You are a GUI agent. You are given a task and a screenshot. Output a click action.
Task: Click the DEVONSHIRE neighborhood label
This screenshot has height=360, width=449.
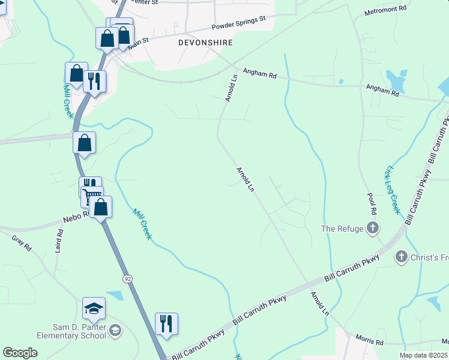pos(205,43)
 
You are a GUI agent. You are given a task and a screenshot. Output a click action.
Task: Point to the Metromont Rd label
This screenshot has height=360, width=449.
pos(385,10)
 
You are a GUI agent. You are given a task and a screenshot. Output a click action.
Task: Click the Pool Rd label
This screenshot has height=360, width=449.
pos(373,204)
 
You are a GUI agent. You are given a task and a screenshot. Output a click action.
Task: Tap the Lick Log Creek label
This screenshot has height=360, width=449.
pos(394,190)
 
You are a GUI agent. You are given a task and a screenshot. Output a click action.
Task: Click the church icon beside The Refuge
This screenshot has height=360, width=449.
pos(373,228)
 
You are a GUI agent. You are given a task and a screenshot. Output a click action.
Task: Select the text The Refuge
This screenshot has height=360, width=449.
pos(342,229)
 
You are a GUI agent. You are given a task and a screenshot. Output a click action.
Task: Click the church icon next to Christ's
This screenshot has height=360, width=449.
pos(401,257)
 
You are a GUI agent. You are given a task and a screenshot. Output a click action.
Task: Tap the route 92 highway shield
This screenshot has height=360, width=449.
pos(127,279)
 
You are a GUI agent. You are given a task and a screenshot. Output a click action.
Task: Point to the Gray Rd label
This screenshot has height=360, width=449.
pos(20,242)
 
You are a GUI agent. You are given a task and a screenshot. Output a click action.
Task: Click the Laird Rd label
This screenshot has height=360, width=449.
pos(59,241)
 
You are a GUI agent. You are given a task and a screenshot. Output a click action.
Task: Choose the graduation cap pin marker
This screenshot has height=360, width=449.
pos(94,309)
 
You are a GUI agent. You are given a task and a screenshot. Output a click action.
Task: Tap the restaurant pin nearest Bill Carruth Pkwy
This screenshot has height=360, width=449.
pos(166,324)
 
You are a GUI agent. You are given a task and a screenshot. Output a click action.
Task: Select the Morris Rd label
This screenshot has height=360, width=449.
pos(369,340)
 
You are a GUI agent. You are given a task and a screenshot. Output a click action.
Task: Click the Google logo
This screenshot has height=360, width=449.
pos(20,353)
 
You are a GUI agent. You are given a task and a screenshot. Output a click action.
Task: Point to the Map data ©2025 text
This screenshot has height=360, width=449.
pos(423,355)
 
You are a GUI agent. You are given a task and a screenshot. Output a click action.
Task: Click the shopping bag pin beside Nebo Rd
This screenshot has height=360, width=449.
pos(101,207)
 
